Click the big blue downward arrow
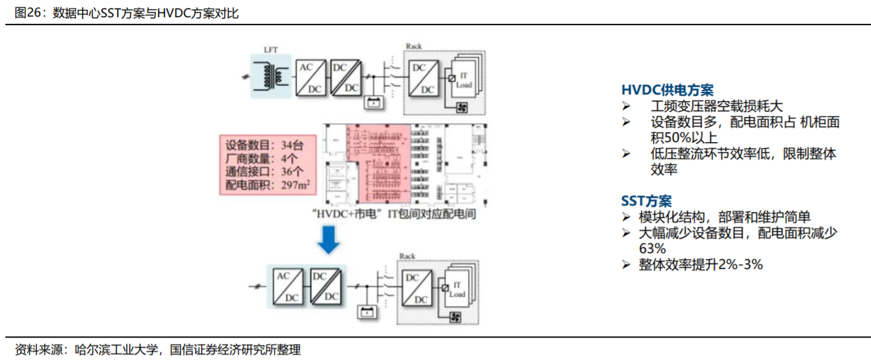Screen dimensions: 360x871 point(328,241)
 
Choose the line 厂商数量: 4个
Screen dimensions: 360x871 point(261,159)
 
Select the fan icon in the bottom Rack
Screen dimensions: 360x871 point(453,318)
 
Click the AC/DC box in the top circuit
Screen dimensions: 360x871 point(308,78)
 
